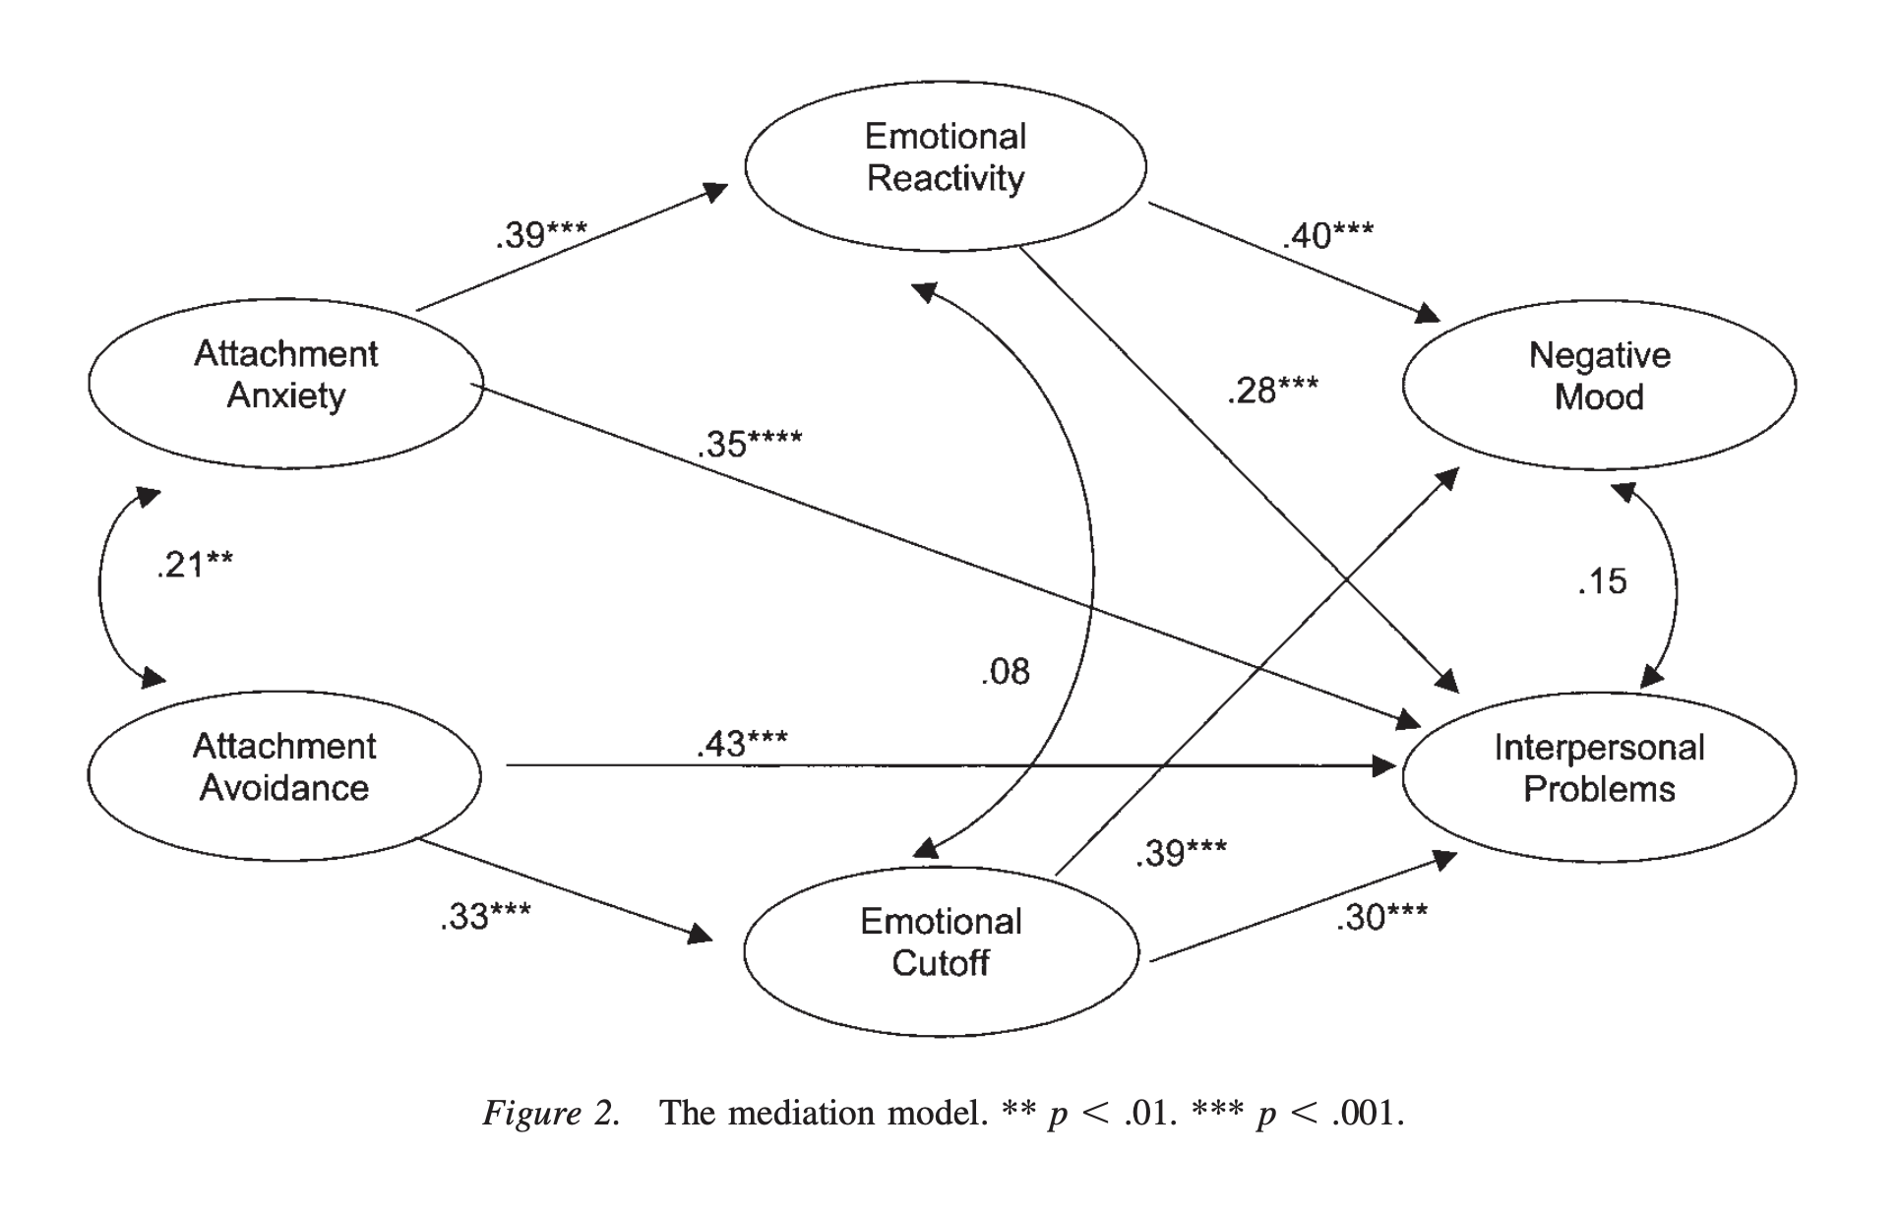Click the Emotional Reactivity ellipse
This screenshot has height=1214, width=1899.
(945, 165)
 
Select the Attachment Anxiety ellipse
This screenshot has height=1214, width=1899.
(285, 383)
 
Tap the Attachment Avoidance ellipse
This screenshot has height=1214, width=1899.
(284, 775)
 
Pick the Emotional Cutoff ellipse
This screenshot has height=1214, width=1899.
(941, 950)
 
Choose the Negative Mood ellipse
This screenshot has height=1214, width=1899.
(1599, 384)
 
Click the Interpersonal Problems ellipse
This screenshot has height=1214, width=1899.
(1599, 776)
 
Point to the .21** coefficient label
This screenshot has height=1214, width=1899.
(195, 565)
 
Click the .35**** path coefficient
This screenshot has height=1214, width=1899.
(750, 443)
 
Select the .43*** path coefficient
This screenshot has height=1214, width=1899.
(742, 744)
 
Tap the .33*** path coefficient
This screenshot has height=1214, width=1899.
(485, 916)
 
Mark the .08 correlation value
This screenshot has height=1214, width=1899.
(1005, 672)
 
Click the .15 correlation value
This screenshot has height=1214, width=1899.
(1602, 581)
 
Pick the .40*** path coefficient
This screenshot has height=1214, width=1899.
(1327, 235)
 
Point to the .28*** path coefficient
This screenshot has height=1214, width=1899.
(1272, 391)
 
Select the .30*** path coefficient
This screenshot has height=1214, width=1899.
(1381, 917)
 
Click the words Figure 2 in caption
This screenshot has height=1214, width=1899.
(551, 1113)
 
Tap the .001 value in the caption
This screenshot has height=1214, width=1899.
(1367, 1113)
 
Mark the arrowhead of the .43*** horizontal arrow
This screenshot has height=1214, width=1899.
(1385, 765)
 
